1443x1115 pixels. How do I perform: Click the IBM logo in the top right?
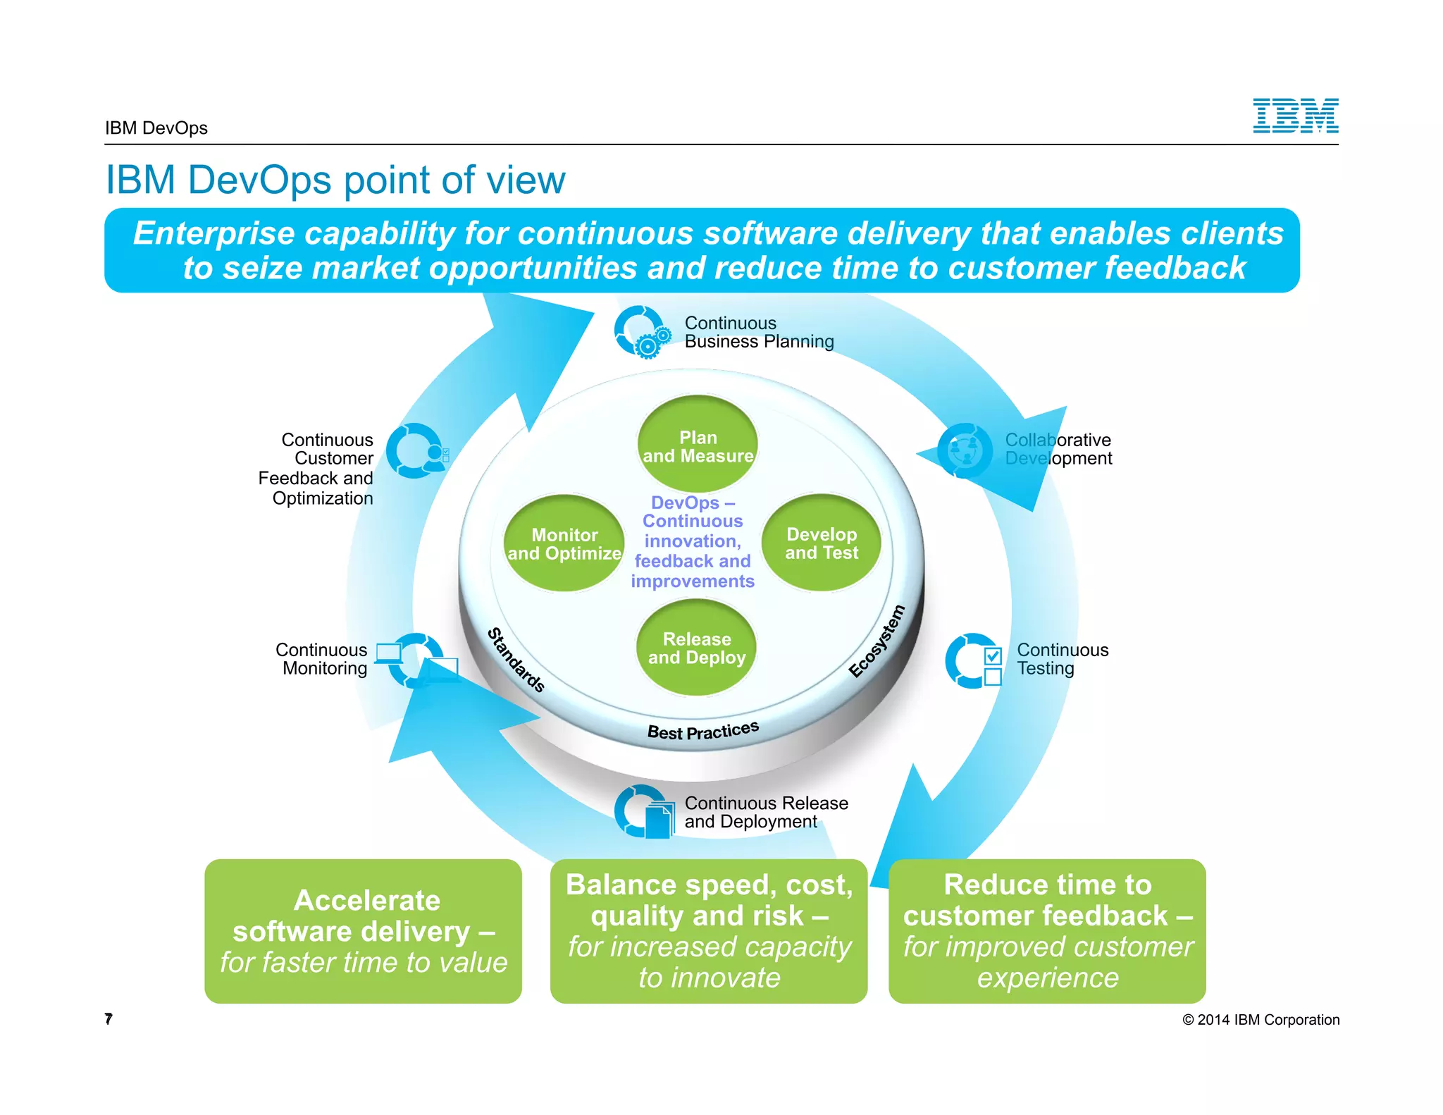pyautogui.click(x=1295, y=116)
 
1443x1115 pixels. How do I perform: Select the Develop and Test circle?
pyautogui.click(x=822, y=543)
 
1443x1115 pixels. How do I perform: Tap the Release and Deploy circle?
pyautogui.click(x=696, y=648)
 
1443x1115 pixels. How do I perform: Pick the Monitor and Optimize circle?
pyautogui.click(x=564, y=543)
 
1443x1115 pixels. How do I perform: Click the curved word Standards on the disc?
pyautogui.click(x=516, y=660)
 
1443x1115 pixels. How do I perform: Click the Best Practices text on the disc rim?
pyautogui.click(x=702, y=731)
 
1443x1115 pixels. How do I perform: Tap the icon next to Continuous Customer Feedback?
pyautogui.click(x=417, y=451)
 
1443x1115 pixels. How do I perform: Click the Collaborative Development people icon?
pyautogui.click(x=965, y=450)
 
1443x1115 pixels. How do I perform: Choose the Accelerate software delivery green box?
pyautogui.click(x=363, y=931)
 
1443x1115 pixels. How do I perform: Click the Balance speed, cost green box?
pyautogui.click(x=709, y=931)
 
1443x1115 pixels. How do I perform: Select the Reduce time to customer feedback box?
pyautogui.click(x=1047, y=931)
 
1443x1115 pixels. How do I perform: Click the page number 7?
pyautogui.click(x=109, y=1018)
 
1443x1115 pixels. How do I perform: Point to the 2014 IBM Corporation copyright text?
pyautogui.click(x=1261, y=1020)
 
